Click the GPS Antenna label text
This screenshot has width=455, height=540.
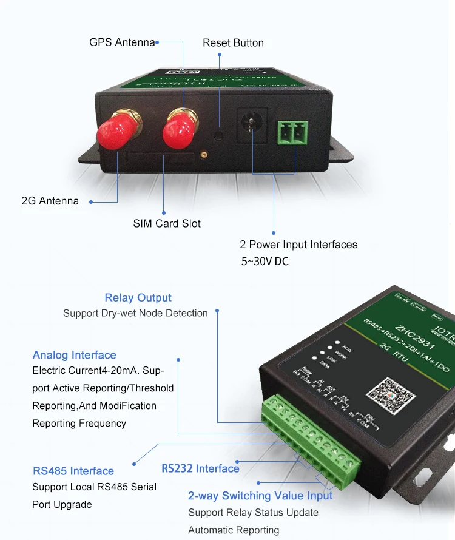coord(121,42)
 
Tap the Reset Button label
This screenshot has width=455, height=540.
coord(233,42)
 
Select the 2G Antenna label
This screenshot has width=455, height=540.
coord(50,201)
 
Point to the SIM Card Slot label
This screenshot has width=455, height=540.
coord(167,223)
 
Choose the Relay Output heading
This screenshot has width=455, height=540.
coord(138,297)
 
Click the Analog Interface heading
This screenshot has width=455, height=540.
coord(74,355)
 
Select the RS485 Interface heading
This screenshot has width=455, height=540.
coord(73,471)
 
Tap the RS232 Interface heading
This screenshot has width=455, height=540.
coord(200,468)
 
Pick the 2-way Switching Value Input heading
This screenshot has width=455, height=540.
coord(260,496)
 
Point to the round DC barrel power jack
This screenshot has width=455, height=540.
coord(251,124)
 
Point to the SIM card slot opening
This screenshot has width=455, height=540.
coord(160,158)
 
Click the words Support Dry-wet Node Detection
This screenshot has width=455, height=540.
coord(135,313)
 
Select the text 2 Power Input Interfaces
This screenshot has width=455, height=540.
coord(298,245)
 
